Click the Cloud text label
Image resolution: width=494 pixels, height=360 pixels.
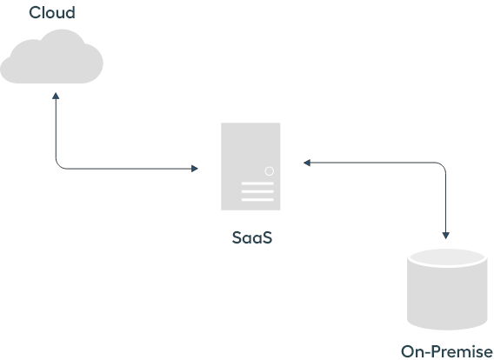pos(52,13)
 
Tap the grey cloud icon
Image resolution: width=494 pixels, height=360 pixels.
pos(51,57)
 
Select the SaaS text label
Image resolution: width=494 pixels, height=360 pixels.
pos(252,237)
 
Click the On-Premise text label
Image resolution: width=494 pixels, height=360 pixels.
pos(447,351)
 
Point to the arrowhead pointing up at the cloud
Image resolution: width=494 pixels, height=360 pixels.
pos(56,96)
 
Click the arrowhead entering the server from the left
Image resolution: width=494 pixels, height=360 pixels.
pos(195,169)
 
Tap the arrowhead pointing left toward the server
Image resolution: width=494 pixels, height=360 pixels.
pos(307,163)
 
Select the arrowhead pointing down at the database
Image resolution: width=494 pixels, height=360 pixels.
pos(446,236)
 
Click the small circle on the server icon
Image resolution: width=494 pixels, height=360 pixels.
pos(270,171)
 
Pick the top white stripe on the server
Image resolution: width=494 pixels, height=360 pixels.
pos(257,183)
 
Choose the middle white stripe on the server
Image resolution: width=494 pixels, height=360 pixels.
pos(257,191)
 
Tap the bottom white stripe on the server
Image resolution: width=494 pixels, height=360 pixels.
pos(257,199)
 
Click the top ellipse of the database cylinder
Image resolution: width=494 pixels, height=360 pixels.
pos(447,258)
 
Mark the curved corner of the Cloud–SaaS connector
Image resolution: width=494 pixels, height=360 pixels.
pos(58,166)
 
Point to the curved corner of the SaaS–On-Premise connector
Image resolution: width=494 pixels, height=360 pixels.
pos(443,166)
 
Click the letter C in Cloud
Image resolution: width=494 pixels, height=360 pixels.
pos(35,13)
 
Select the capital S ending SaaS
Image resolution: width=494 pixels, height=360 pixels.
pos(267,237)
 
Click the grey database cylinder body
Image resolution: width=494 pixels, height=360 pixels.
pos(447,295)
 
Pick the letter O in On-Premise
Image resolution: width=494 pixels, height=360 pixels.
pos(407,352)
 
